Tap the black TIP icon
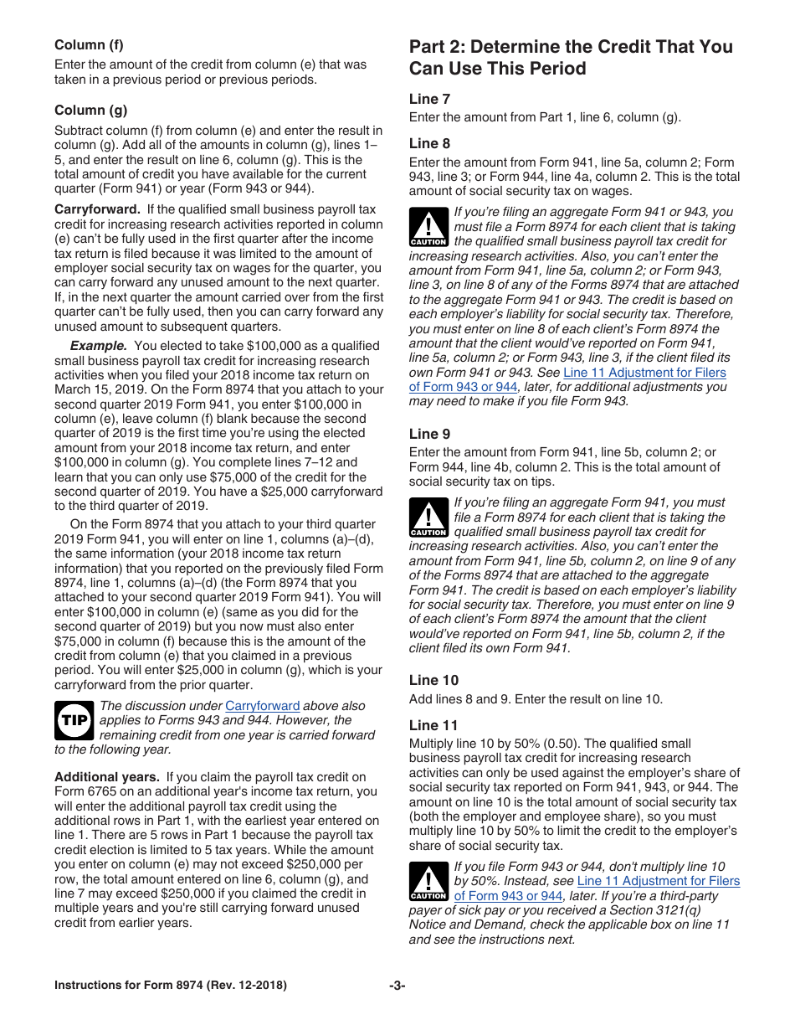click(x=74, y=720)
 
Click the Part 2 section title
click(x=570, y=57)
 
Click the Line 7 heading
click(x=429, y=99)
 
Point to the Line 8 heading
click(x=429, y=143)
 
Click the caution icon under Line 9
click(x=428, y=518)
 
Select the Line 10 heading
click(x=433, y=680)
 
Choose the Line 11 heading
click(x=433, y=725)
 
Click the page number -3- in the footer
click(x=397, y=986)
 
